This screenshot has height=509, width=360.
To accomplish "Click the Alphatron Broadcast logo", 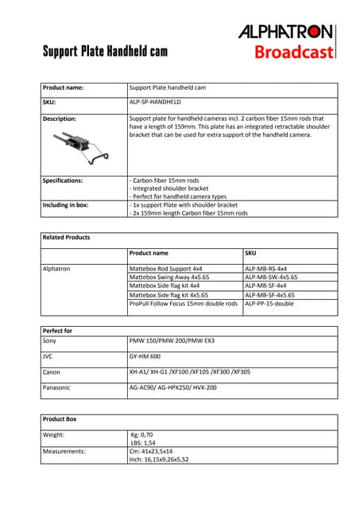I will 286,41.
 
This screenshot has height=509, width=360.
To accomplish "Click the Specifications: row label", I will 63,181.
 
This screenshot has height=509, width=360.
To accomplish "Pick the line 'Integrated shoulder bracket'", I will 165,188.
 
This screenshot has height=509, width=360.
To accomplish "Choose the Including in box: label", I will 65,204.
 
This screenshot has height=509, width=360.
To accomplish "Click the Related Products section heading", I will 66,237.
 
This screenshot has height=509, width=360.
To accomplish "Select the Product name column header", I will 149,253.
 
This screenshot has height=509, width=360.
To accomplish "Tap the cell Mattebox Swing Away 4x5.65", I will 168,277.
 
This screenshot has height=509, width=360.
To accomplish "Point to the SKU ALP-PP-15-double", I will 269,303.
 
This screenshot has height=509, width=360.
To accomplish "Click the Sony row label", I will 49,340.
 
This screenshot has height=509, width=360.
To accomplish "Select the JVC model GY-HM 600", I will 144,356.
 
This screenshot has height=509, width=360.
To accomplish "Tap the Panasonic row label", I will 56,387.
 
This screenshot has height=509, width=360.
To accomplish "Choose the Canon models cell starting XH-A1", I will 189,371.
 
